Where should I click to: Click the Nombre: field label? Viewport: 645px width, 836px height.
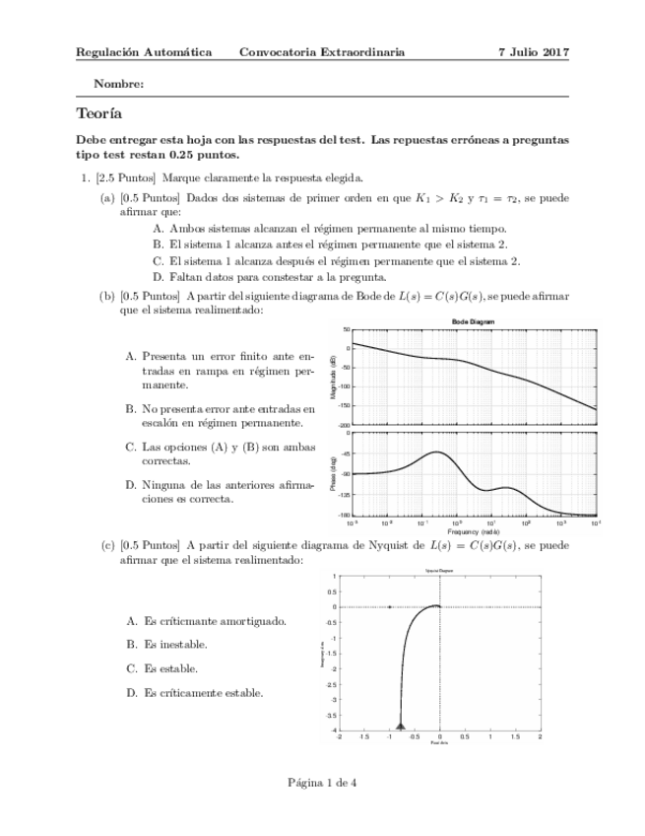118,85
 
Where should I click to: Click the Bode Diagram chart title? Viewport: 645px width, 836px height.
474,322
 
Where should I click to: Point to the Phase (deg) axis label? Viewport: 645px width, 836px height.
334,475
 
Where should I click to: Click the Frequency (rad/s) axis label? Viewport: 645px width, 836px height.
474,531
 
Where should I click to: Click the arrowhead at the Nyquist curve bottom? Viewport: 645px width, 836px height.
401,723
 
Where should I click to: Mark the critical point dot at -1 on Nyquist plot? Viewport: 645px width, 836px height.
390,607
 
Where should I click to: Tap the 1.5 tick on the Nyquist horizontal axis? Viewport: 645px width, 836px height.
515,735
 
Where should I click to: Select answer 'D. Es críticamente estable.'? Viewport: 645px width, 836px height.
194,693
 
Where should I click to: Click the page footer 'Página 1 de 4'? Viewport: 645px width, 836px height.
322,783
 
